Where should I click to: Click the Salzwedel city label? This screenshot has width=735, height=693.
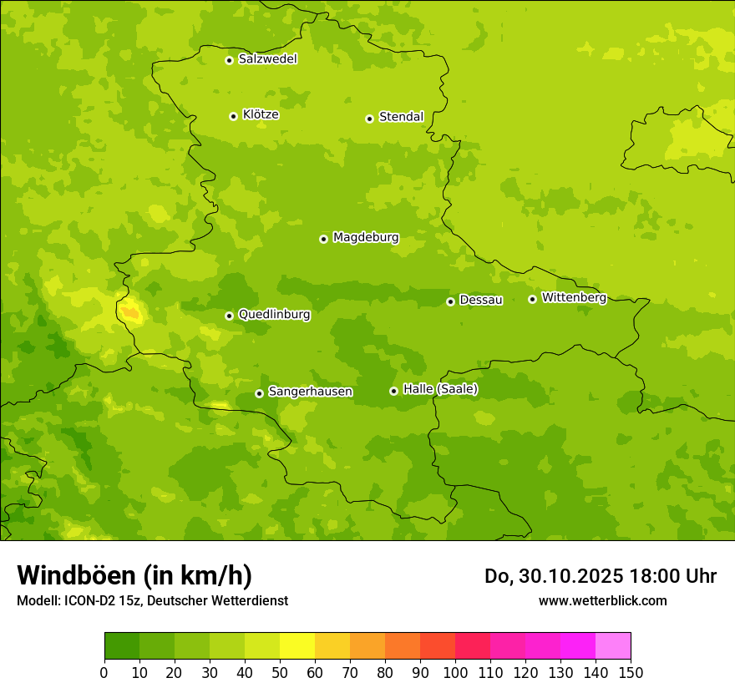point(267,59)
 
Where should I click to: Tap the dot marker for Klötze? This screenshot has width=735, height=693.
point(233,116)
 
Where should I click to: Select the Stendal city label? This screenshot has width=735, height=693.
point(401,117)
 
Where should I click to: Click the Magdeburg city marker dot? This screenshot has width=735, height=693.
point(323,239)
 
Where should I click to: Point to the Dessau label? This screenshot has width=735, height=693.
point(481,300)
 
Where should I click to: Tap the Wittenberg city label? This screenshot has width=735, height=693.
point(573,297)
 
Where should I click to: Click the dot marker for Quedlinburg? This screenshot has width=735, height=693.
point(229,316)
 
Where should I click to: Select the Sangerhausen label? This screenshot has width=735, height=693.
point(310,392)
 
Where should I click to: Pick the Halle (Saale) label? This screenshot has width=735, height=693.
point(440,389)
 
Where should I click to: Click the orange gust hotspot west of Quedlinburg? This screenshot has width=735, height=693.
point(131,313)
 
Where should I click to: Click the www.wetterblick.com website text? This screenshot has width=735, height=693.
point(602,600)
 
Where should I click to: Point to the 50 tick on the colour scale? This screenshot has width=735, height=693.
point(280,672)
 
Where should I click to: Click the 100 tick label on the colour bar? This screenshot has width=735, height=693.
point(455,672)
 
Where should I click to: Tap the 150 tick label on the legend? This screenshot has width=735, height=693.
point(631,672)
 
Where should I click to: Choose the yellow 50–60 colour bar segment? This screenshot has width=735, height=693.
point(297,646)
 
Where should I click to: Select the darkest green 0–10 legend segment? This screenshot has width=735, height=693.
point(122,646)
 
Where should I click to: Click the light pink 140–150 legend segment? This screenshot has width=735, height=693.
point(613,646)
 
